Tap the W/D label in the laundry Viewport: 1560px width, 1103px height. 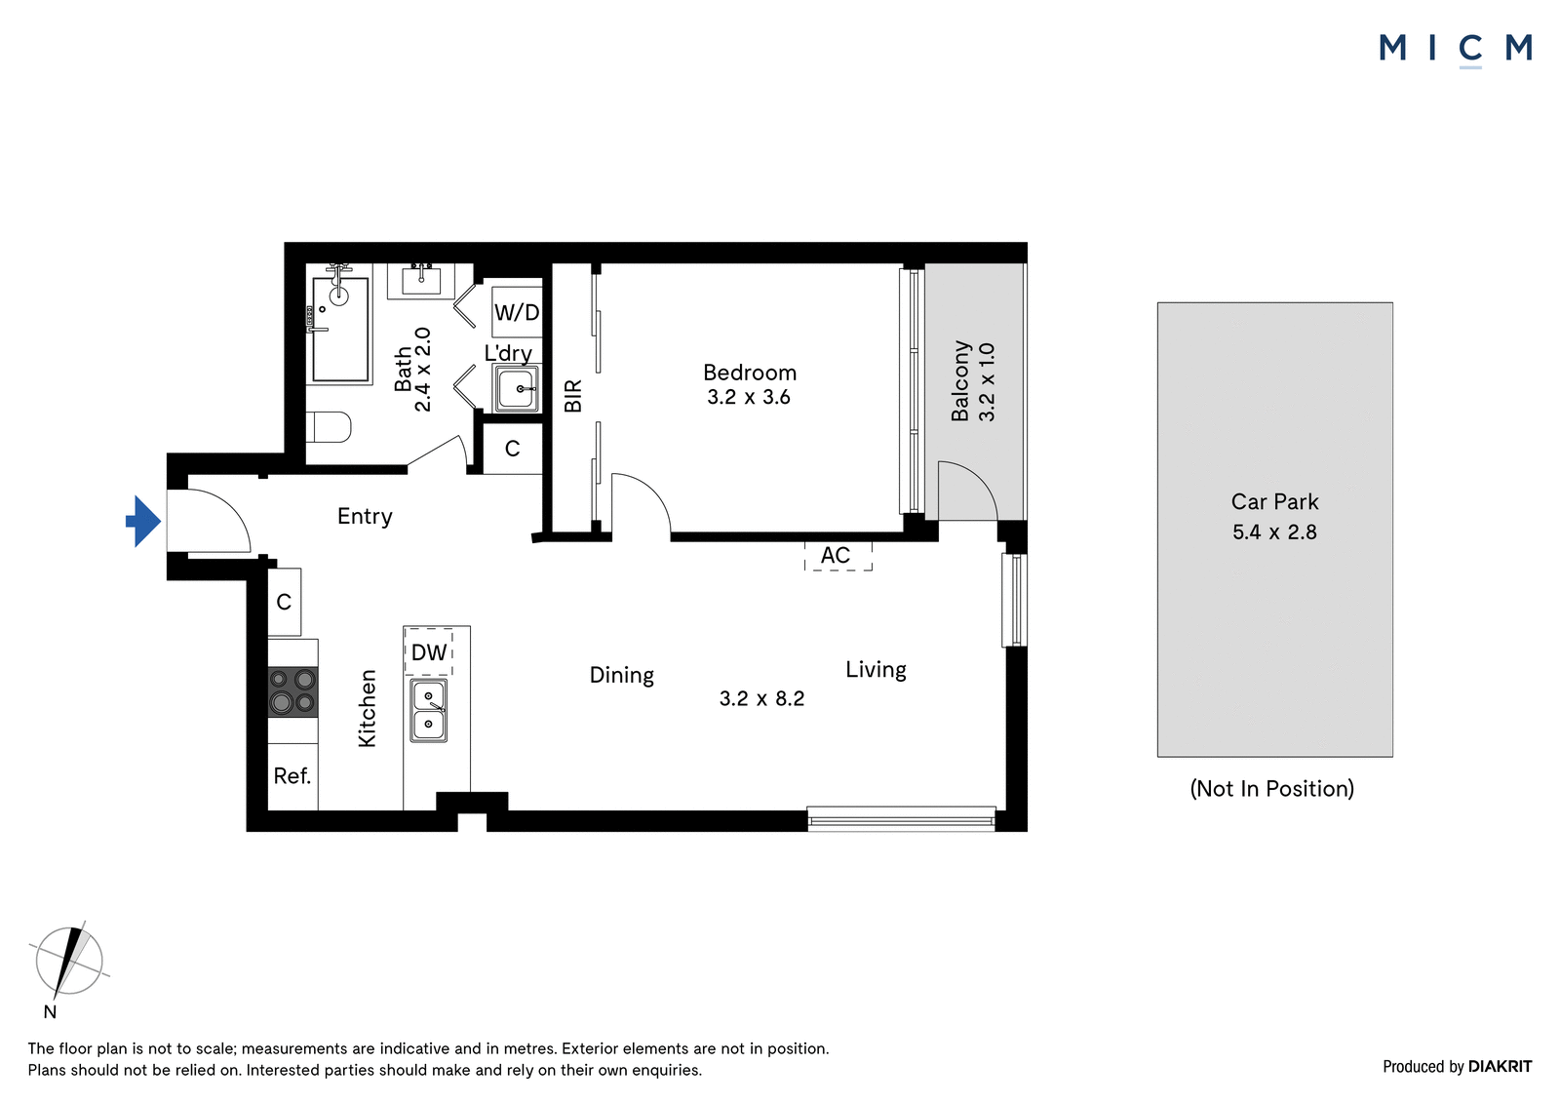pos(517,312)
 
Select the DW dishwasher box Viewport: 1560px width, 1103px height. pos(428,651)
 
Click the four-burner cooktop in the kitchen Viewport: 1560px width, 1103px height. pos(293,691)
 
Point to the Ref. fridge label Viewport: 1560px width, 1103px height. pos(292,775)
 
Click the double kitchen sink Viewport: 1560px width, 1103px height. pos(428,711)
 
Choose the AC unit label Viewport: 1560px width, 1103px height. pos(836,555)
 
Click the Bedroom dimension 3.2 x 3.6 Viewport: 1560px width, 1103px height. pos(749,397)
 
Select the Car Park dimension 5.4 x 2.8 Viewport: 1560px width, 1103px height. pos(1274,532)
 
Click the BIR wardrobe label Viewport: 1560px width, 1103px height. pos(572,396)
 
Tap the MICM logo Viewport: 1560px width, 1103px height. pos(1456,49)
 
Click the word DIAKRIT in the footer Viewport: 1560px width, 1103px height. pos(1501,1066)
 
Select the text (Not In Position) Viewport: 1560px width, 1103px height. pos(1271,788)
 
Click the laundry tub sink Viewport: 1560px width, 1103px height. pos(517,388)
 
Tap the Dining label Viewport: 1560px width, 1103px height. pos(622,675)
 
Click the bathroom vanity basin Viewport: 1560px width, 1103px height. pos(421,282)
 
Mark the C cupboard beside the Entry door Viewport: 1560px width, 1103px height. pos(284,602)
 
